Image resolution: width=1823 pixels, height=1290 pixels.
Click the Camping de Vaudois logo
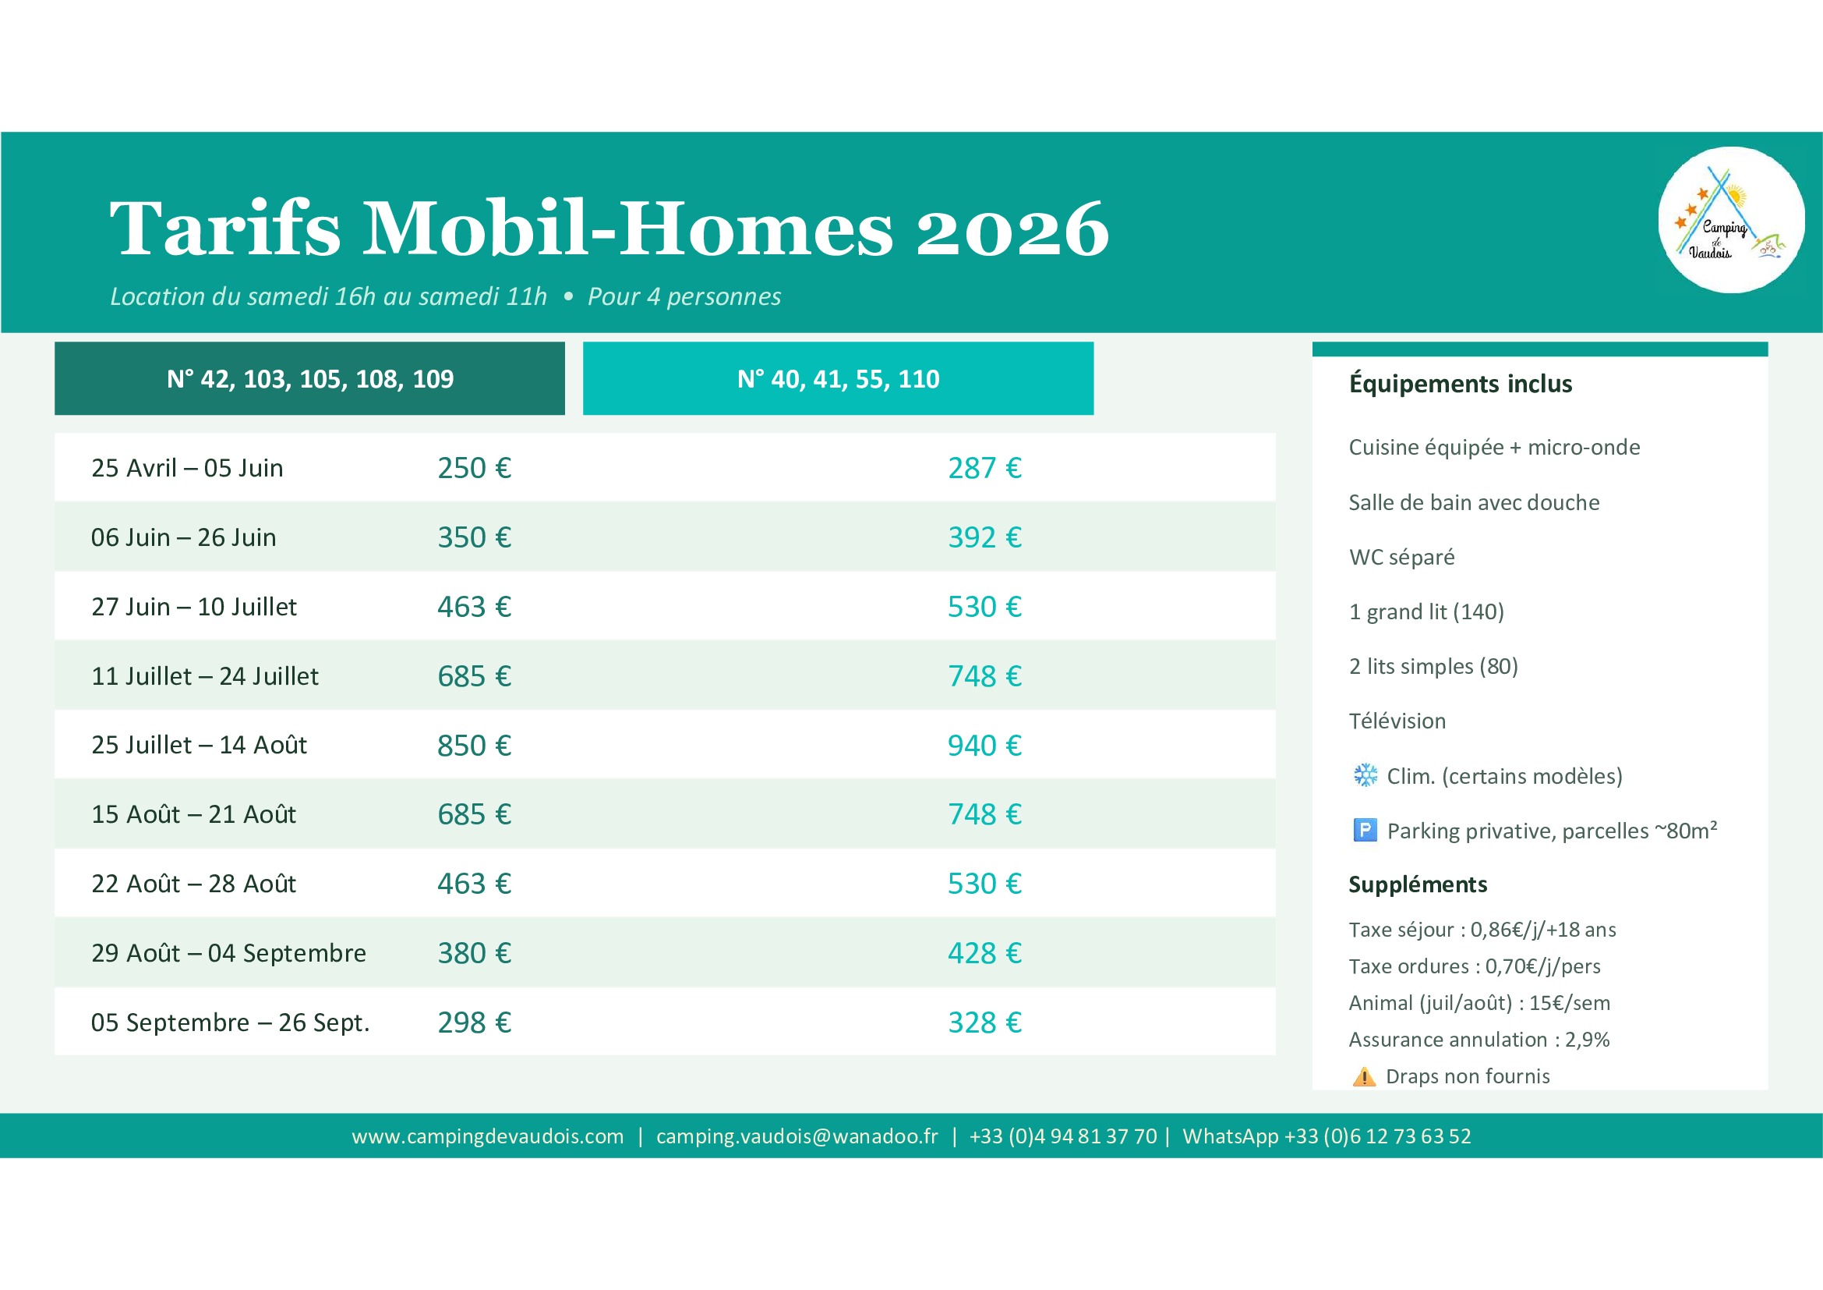click(x=1731, y=220)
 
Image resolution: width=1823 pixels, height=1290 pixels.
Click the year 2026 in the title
click(x=1012, y=229)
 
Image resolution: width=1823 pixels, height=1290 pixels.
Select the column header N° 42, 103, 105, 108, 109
click(x=309, y=379)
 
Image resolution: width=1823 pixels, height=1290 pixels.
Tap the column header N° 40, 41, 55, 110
click(x=839, y=379)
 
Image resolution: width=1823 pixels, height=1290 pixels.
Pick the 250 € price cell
click(x=474, y=468)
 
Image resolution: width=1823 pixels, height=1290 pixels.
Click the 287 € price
click(x=984, y=468)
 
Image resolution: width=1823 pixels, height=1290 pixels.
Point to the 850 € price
click(x=474, y=745)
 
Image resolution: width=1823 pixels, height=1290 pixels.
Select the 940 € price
click(x=984, y=745)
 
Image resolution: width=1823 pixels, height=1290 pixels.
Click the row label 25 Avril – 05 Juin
click(x=187, y=468)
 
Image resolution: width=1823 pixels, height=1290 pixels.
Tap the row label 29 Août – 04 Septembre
click(x=228, y=952)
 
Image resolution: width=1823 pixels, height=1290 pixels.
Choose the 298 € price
click(x=474, y=1022)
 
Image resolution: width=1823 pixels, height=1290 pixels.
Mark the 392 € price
click(x=984, y=537)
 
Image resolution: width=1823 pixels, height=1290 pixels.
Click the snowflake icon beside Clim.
click(x=1365, y=774)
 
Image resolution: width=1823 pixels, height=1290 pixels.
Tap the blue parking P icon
click(x=1365, y=830)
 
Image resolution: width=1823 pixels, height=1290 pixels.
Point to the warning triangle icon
click(x=1364, y=1076)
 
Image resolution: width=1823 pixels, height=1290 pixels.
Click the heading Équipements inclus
click(x=1460, y=384)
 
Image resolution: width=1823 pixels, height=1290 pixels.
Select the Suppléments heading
click(x=1418, y=884)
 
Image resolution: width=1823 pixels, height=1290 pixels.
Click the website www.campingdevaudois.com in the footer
click(x=487, y=1136)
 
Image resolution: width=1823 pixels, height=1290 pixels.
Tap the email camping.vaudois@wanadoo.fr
click(x=797, y=1136)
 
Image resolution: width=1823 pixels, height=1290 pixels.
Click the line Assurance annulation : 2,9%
click(x=1479, y=1039)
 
